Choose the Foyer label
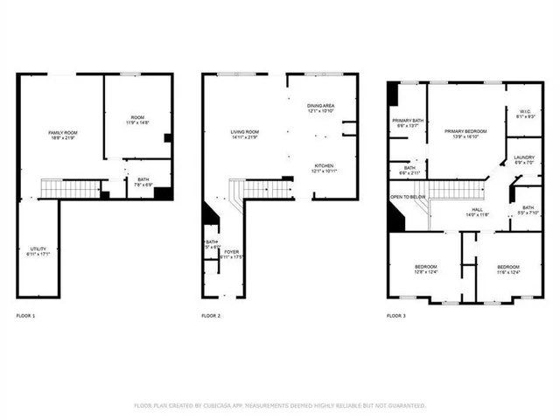point(231,254)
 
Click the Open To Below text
point(409,198)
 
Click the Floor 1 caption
point(26,315)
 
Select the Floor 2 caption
point(211,315)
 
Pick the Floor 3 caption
point(397,315)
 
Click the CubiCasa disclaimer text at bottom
point(280,405)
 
